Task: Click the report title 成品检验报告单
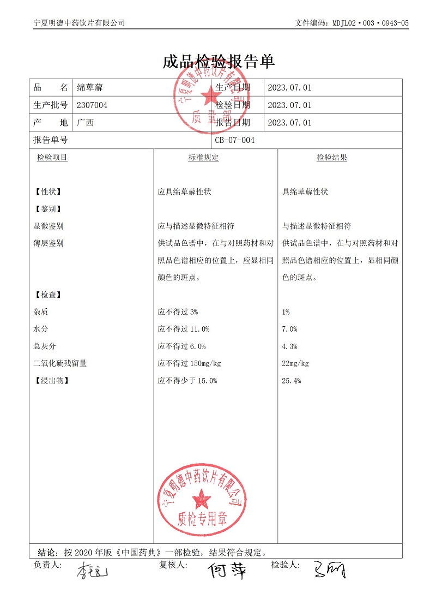pos(218,62)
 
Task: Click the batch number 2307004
pos(92,105)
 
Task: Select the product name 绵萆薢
pos(89,88)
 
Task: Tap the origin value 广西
pos(86,123)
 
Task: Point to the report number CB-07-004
pos(235,140)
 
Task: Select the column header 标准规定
pos(204,158)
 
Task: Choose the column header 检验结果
pos(332,158)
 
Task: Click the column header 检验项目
pos(52,158)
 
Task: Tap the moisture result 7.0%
pos(289,329)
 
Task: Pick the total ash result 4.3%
pos(289,346)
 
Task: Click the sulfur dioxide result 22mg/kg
pos(295,364)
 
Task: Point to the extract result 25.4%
pos(292,381)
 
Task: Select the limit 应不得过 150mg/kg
pos(189,364)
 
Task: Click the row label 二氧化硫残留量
pos(60,364)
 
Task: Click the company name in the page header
pos(79,23)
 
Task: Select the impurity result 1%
pos(286,312)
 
